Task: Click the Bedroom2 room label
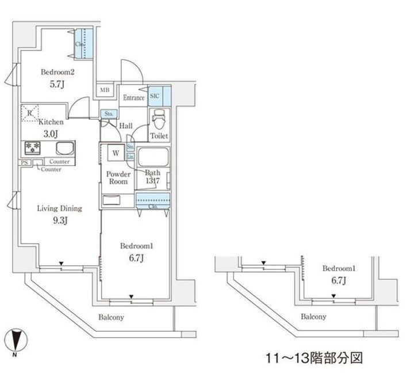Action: click(x=57, y=73)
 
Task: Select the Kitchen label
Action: click(x=51, y=122)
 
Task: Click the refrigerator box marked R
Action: click(x=30, y=112)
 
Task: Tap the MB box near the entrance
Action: click(x=105, y=90)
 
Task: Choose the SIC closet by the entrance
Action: click(x=155, y=97)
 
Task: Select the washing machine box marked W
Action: click(x=116, y=153)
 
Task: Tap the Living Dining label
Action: click(x=59, y=208)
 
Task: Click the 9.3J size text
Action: click(x=59, y=220)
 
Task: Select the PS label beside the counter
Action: click(x=25, y=163)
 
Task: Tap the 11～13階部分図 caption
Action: click(x=314, y=357)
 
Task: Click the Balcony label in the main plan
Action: click(x=111, y=317)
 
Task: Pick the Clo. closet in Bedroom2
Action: click(x=80, y=44)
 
